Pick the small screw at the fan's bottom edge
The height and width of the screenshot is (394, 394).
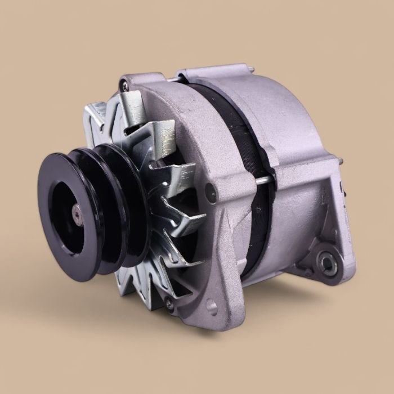tap(168, 303)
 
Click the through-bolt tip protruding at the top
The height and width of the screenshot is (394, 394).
tap(250, 70)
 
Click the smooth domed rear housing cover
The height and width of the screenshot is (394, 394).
tap(287, 118)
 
